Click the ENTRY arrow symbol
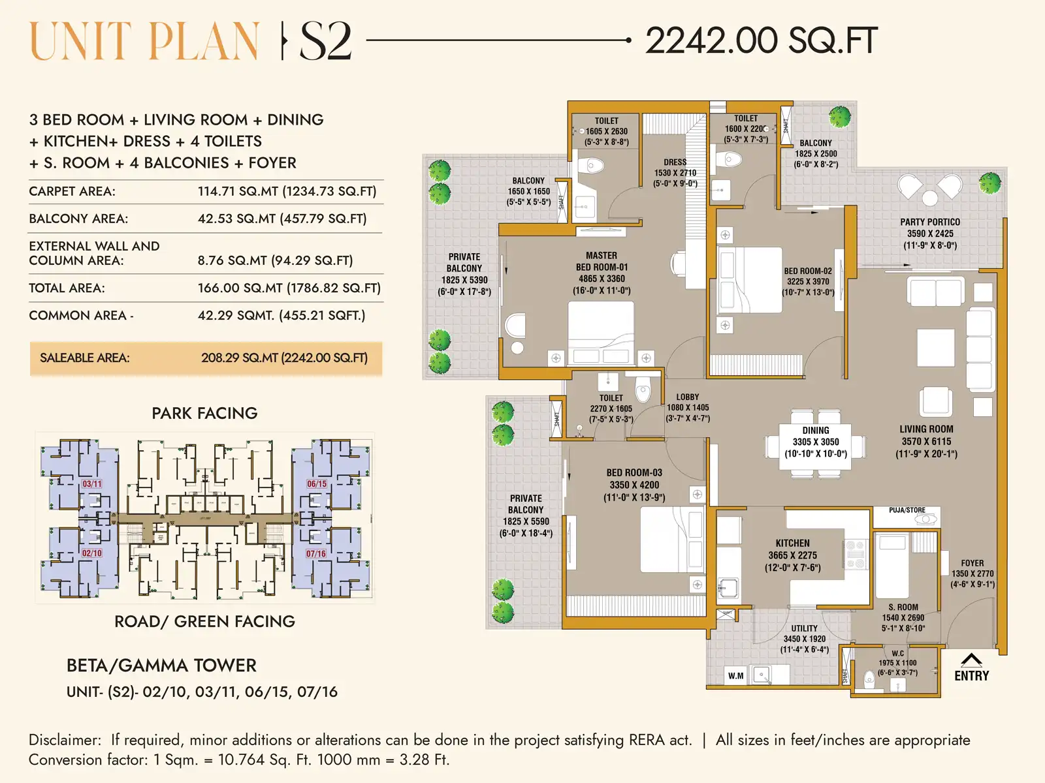(971, 660)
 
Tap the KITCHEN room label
(792, 544)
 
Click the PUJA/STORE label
(907, 510)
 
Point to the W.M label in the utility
(735, 676)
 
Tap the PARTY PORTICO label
(929, 223)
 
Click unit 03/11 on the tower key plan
(92, 484)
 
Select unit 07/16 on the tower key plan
(316, 554)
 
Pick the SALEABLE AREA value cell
(284, 358)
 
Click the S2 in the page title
(325, 42)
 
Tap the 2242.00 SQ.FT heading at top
(761, 41)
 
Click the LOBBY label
(687, 397)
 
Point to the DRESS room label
(675, 162)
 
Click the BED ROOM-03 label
(634, 472)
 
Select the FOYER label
(972, 563)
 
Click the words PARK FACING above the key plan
(204, 414)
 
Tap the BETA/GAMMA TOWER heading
(161, 666)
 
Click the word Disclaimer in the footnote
(65, 740)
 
